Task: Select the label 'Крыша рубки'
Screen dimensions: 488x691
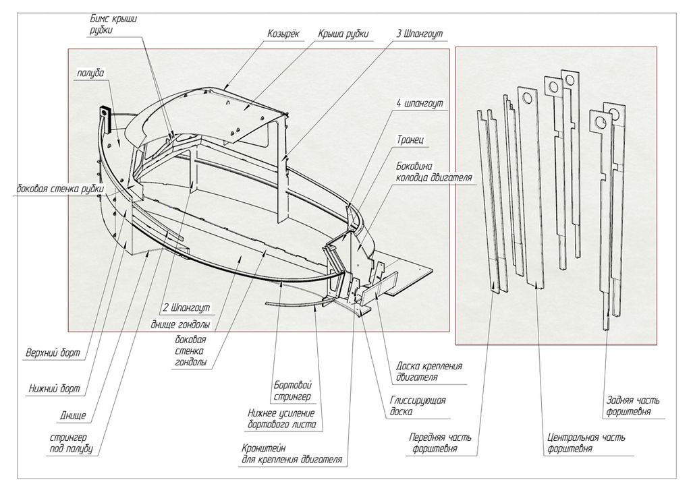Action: pyautogui.click(x=343, y=33)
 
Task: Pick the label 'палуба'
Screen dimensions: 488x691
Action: pyautogui.click(x=90, y=72)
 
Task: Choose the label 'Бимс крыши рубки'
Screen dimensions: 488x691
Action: pyautogui.click(x=113, y=24)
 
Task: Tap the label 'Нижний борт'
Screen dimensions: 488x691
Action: pyautogui.click(x=54, y=388)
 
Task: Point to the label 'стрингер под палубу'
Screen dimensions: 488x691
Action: pyautogui.click(x=70, y=443)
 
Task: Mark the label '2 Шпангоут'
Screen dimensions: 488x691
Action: pyautogui.click(x=186, y=307)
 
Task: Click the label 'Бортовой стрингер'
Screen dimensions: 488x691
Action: pyautogui.click(x=293, y=390)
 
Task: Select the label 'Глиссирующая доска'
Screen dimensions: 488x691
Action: pyautogui.click(x=418, y=406)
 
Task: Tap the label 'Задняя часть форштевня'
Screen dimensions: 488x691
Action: pyautogui.click(x=628, y=406)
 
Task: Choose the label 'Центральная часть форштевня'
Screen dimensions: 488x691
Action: pyautogui.click(x=586, y=442)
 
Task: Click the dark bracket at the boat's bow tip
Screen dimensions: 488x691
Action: pyautogui.click(x=105, y=116)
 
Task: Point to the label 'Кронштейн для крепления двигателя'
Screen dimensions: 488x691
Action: pyautogui.click(x=292, y=454)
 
